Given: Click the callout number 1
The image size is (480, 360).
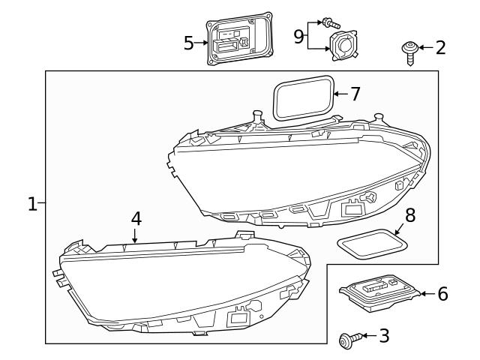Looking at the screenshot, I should [x=32, y=204].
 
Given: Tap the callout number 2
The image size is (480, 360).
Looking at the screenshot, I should [x=440, y=48].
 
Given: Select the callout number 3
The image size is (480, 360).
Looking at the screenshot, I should [x=384, y=335].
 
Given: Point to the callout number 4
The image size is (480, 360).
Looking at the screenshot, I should [x=135, y=218].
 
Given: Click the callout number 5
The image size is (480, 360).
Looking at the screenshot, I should [x=189, y=43].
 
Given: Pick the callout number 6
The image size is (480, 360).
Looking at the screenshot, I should [x=442, y=294].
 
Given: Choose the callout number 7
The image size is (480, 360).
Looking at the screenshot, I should [x=355, y=94].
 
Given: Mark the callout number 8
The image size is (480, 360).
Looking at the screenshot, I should [x=410, y=215].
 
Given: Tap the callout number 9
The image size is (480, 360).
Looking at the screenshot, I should [x=299, y=36].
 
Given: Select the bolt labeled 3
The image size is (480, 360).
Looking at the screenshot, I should [x=348, y=340].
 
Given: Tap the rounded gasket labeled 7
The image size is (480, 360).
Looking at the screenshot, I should [x=303, y=97].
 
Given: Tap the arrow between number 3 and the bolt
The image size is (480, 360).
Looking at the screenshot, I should [x=367, y=337].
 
